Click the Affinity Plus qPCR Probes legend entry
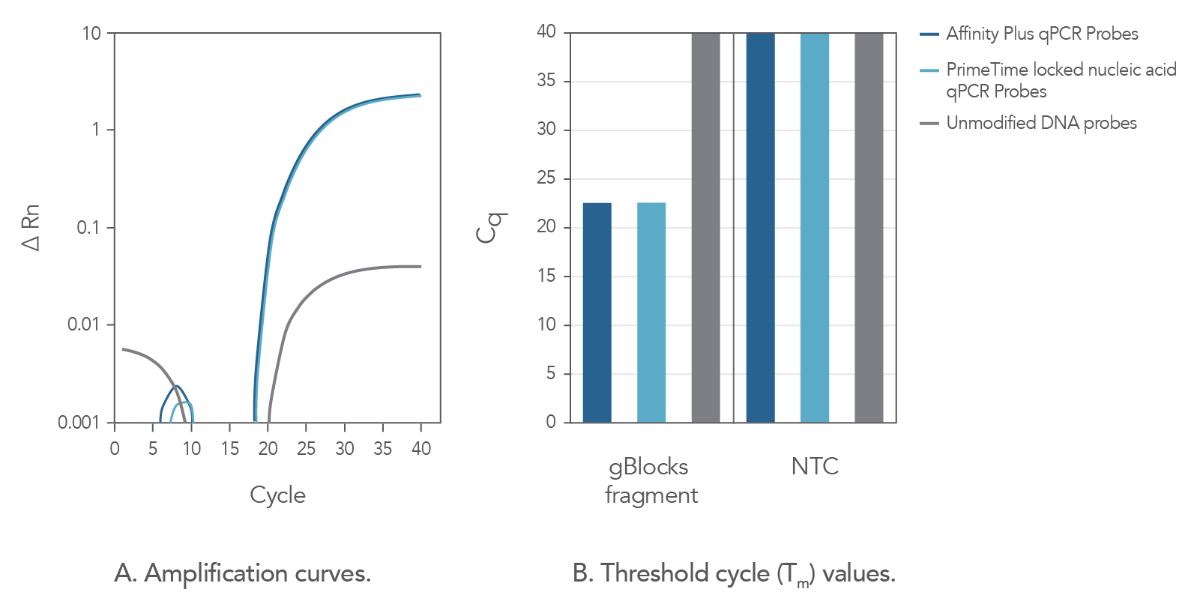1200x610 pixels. point(1041,34)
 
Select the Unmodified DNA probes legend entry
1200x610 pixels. point(1040,123)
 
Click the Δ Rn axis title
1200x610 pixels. point(31,228)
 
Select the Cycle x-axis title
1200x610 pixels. point(277,495)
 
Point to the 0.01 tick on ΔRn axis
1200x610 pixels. point(83,324)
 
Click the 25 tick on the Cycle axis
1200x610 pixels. point(306,448)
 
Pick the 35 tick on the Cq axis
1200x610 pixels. point(546,80)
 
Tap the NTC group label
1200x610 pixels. point(815,466)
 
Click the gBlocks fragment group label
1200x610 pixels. point(651,480)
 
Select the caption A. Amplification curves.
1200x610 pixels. point(243,573)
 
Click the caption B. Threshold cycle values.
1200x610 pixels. point(734,574)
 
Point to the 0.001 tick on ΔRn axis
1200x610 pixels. point(79,423)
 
